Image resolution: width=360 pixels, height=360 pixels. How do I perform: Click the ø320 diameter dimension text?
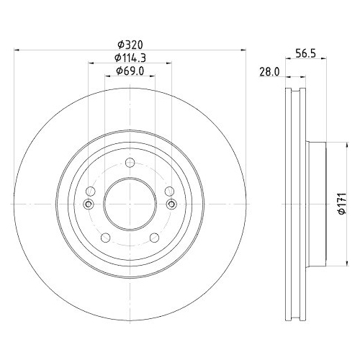point(130,43)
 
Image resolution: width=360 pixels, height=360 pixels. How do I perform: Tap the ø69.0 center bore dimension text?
point(130,71)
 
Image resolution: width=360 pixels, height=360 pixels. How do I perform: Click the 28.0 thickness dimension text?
point(269,71)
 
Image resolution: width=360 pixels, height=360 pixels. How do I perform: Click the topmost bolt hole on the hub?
point(130,162)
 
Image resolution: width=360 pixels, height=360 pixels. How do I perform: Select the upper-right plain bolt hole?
point(168,191)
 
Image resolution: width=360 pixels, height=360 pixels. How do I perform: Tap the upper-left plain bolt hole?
point(91,191)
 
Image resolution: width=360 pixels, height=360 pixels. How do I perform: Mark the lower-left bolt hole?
point(106,238)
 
